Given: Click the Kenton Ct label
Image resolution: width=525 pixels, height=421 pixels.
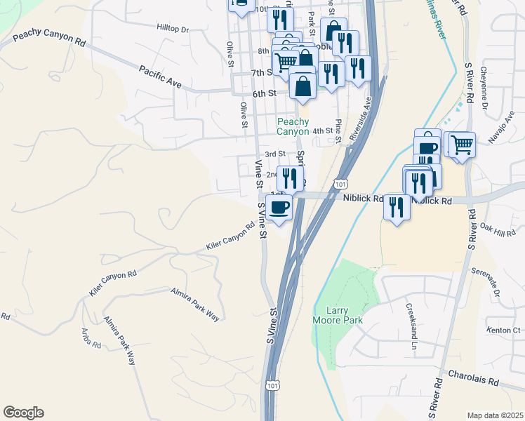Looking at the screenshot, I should tap(506, 330).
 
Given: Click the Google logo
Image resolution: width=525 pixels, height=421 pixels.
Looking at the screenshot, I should tap(23, 413).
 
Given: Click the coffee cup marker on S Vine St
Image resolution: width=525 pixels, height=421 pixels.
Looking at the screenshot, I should tap(279, 207).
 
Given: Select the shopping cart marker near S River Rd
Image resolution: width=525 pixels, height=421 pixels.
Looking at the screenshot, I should tap(462, 145).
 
